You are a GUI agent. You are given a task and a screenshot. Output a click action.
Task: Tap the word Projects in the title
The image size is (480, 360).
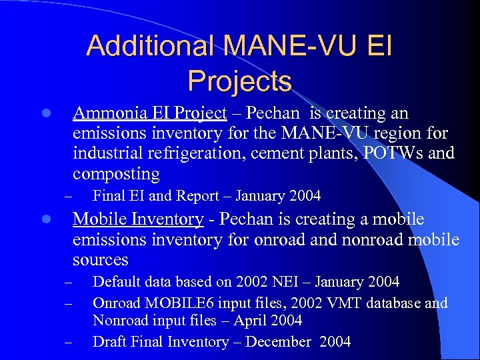click(240, 81)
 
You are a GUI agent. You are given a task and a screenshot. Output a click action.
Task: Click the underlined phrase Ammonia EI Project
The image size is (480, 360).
click(150, 113)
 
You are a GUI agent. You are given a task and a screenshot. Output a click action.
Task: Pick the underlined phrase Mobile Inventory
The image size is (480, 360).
click(138, 219)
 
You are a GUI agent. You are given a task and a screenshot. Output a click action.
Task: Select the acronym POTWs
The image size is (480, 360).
click(393, 153)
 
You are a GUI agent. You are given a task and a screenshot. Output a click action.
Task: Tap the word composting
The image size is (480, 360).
click(116, 174)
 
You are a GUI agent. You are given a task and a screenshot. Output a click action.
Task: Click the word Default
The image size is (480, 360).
click(117, 282)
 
